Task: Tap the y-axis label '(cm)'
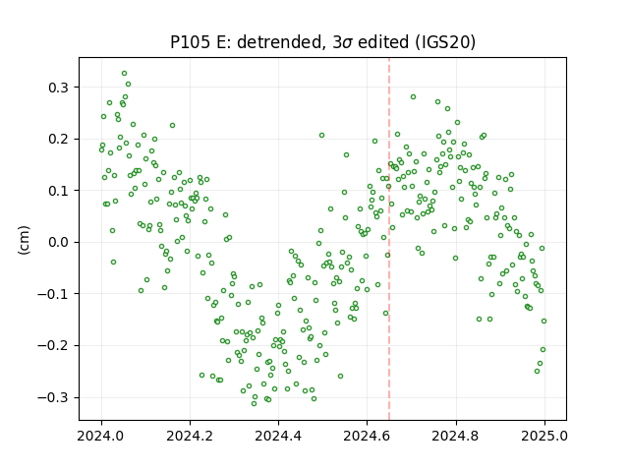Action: pyautogui.click(x=24, y=240)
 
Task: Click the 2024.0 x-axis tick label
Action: pyautogui.click(x=101, y=436)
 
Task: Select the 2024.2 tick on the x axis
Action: pyautogui.click(x=190, y=436)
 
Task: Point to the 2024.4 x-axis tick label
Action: pyautogui.click(x=278, y=436)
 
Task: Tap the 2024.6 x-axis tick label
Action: pyautogui.click(x=367, y=436)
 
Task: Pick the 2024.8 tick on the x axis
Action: pyautogui.click(x=456, y=436)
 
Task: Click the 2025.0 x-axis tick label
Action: pyautogui.click(x=544, y=436)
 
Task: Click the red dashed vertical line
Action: pyautogui.click(x=389, y=239)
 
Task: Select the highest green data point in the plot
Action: pyautogui.click(x=125, y=74)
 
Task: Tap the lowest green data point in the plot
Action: pyautogui.click(x=254, y=403)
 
